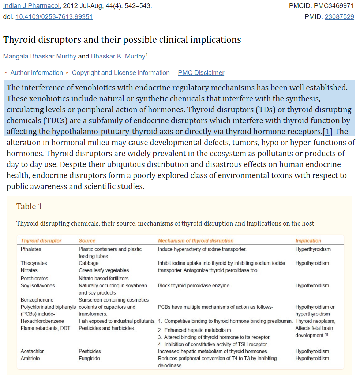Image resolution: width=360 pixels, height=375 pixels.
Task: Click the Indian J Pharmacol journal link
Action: (x=32, y=6)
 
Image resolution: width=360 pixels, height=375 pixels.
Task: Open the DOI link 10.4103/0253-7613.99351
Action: (x=54, y=17)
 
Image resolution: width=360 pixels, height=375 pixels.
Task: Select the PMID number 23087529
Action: (x=339, y=17)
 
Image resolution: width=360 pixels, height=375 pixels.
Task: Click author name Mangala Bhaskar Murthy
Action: (x=40, y=56)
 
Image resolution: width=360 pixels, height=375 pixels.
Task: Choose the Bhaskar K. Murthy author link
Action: (x=118, y=56)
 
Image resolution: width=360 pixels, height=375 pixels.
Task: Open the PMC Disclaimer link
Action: (x=201, y=73)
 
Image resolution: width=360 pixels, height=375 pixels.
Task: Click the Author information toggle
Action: (x=36, y=73)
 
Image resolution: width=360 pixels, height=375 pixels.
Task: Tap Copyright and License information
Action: (x=120, y=73)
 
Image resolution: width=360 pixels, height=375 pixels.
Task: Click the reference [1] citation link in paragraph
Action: (x=328, y=131)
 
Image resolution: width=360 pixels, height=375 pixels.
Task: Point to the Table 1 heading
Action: (x=29, y=207)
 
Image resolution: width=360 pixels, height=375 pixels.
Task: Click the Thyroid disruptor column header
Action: (x=41, y=241)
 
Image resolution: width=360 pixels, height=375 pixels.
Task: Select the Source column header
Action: (x=87, y=241)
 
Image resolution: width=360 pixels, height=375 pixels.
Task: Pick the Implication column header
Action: (x=308, y=241)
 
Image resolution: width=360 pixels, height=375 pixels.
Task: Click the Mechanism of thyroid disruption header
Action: (x=195, y=241)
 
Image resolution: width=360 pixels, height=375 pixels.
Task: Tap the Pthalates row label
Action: (x=31, y=249)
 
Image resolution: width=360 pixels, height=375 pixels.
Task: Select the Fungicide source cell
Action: (x=89, y=359)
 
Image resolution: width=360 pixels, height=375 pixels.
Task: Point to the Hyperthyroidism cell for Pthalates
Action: (x=313, y=249)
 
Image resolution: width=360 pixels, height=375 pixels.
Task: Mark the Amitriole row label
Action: (x=30, y=359)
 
